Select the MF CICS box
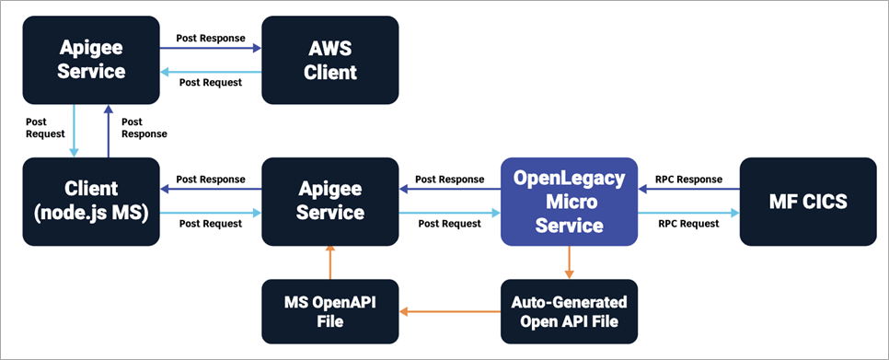808,201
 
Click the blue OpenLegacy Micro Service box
569,201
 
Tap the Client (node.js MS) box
91,201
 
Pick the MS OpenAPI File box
330,310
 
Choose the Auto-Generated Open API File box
569,310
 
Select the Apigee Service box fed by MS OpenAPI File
330,201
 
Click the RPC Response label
688,179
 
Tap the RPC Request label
688,223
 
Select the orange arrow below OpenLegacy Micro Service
569,261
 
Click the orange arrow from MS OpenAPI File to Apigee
330,261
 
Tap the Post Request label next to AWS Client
211,82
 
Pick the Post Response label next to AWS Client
211,39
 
